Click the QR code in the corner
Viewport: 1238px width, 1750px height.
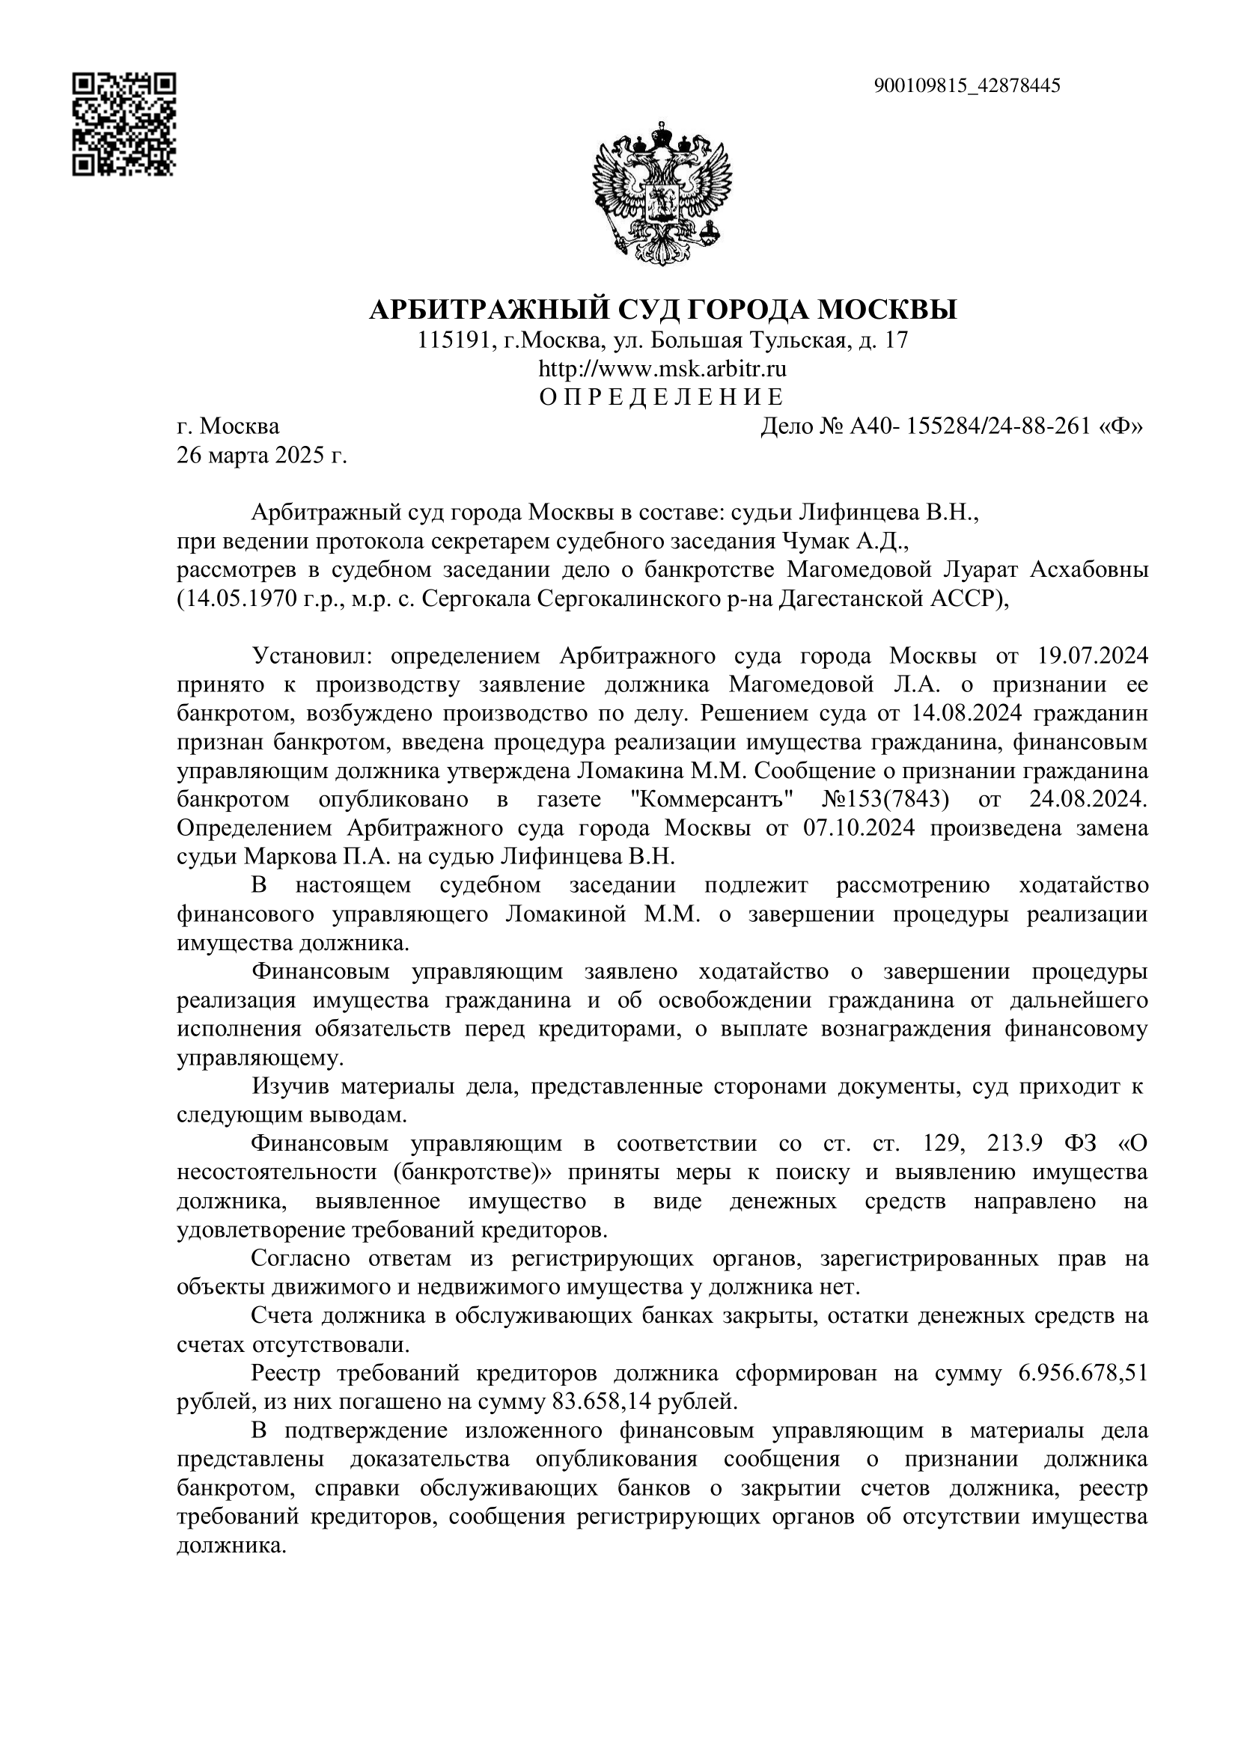tap(124, 124)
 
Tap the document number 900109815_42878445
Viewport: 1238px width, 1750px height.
tap(966, 85)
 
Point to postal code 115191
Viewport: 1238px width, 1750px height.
tap(453, 340)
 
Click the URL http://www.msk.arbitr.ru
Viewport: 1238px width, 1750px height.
tap(662, 370)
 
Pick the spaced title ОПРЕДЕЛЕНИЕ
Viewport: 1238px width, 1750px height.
tap(661, 398)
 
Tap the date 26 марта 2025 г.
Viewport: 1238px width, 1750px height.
tap(261, 456)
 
